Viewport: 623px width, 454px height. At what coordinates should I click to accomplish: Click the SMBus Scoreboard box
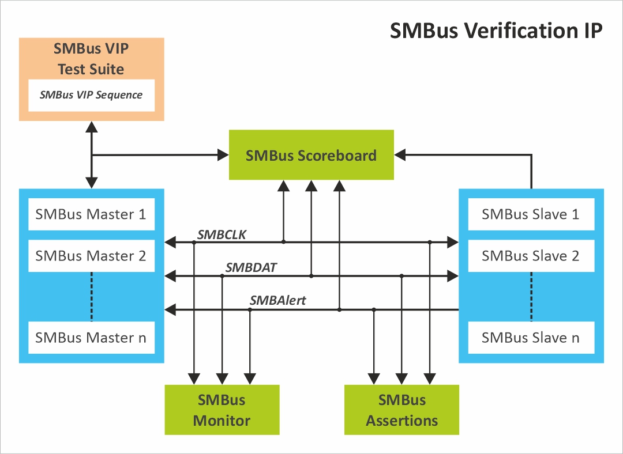(311, 155)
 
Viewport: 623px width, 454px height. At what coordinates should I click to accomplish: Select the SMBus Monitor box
(222, 410)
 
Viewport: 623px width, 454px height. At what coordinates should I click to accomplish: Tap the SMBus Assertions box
(401, 410)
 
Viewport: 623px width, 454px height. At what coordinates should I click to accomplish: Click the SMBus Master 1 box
(91, 214)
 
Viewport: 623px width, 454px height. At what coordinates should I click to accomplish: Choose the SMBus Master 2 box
(91, 256)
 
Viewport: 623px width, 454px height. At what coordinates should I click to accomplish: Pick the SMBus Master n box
(91, 338)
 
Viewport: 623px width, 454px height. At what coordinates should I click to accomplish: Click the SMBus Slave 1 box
(531, 214)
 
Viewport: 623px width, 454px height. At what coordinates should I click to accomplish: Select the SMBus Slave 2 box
(531, 256)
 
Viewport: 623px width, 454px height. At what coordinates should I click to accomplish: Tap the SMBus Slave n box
(531, 338)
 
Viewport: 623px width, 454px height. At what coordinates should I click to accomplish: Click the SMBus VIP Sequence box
(91, 95)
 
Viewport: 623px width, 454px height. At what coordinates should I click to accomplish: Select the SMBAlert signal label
(277, 300)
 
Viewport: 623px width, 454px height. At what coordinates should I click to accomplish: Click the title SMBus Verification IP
(496, 31)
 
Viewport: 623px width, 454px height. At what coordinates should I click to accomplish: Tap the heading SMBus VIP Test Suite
(91, 59)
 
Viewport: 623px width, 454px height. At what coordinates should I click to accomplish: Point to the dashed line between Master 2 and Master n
(91, 296)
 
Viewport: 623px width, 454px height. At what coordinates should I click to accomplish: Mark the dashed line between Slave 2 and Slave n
(531, 296)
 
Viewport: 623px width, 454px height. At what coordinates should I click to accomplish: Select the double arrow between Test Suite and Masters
(91, 154)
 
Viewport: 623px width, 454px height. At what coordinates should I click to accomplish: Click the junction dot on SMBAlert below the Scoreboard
(339, 310)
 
